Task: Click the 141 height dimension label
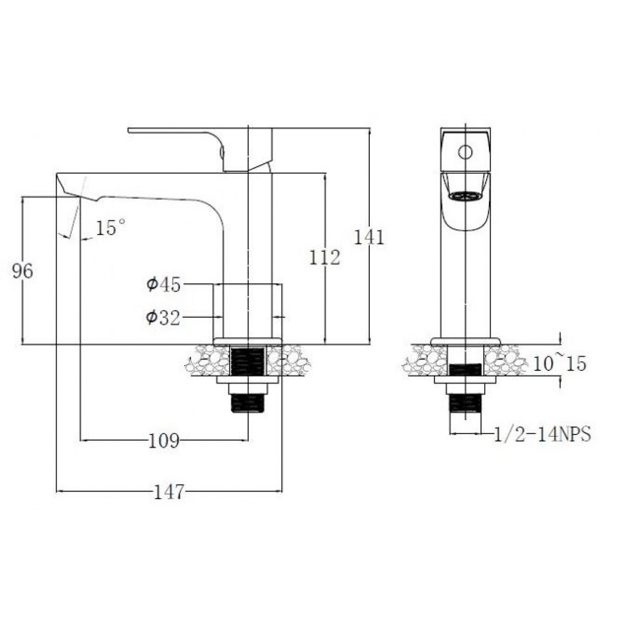[x=369, y=237]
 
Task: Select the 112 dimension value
[x=325, y=258]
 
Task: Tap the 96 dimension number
[x=23, y=271]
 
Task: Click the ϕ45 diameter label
[x=164, y=285]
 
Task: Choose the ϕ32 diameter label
[x=163, y=318]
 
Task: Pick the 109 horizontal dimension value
[x=164, y=441]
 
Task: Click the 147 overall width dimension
[x=169, y=492]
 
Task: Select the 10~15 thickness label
[x=559, y=363]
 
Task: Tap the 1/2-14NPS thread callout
[x=542, y=434]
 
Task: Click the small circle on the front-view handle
[x=465, y=152]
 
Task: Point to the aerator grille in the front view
[x=465, y=195]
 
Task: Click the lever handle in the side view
[x=199, y=149]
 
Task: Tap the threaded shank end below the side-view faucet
[x=247, y=402]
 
